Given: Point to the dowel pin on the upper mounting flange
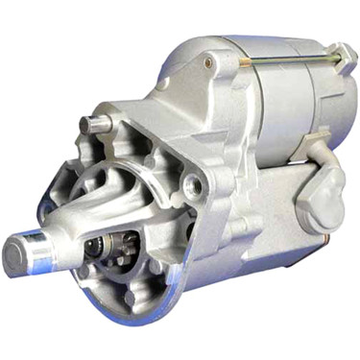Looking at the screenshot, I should click(x=92, y=124).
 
